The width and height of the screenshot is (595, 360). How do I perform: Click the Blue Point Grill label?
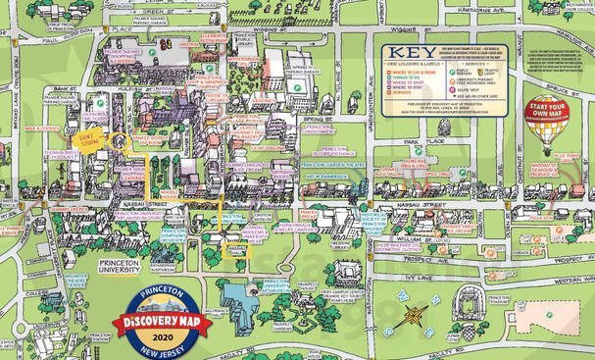[566, 157]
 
